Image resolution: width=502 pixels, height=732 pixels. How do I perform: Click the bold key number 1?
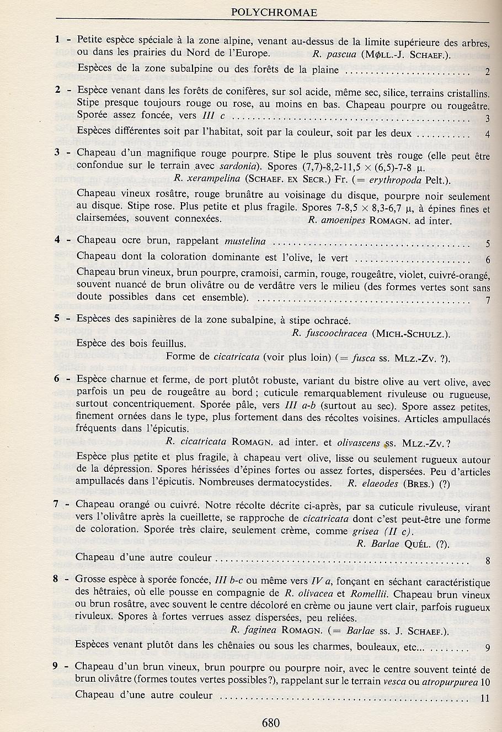pos(57,40)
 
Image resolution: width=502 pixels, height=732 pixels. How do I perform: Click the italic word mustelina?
pos(245,241)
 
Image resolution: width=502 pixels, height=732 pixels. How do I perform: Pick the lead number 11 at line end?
pos(485,698)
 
